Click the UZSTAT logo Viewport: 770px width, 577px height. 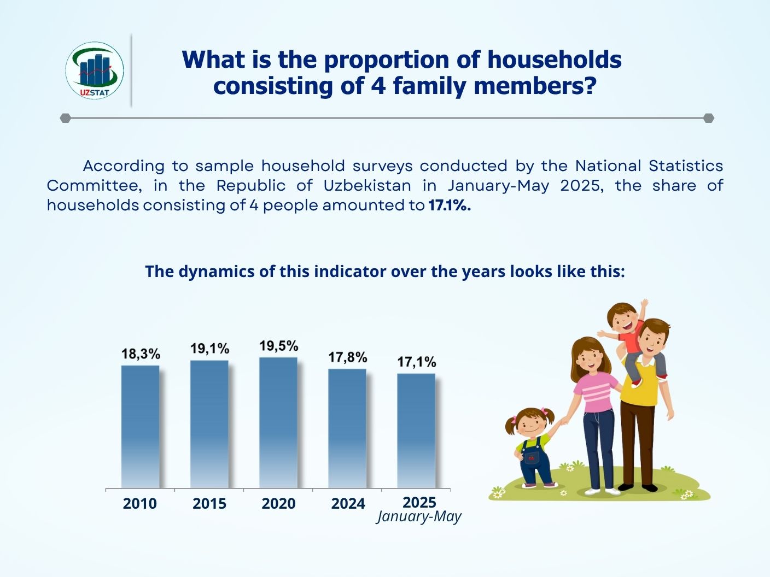(x=95, y=70)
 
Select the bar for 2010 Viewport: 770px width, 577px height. (x=141, y=427)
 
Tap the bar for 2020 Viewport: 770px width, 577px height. (x=278, y=422)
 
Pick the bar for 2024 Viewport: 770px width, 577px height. (x=347, y=428)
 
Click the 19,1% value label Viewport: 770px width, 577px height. (x=210, y=349)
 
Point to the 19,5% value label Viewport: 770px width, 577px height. (x=279, y=346)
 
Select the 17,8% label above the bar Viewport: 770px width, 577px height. (x=348, y=357)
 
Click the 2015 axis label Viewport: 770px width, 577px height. (x=209, y=503)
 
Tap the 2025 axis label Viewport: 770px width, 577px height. (x=419, y=502)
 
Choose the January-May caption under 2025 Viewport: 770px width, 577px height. (x=419, y=517)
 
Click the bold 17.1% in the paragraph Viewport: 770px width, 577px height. (x=450, y=205)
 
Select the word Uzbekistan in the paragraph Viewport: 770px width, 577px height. (x=367, y=186)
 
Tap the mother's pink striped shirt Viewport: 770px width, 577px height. (x=599, y=392)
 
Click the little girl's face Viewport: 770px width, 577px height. (x=530, y=427)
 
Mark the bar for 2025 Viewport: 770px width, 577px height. (x=416, y=431)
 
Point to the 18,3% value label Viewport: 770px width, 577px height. (x=141, y=354)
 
